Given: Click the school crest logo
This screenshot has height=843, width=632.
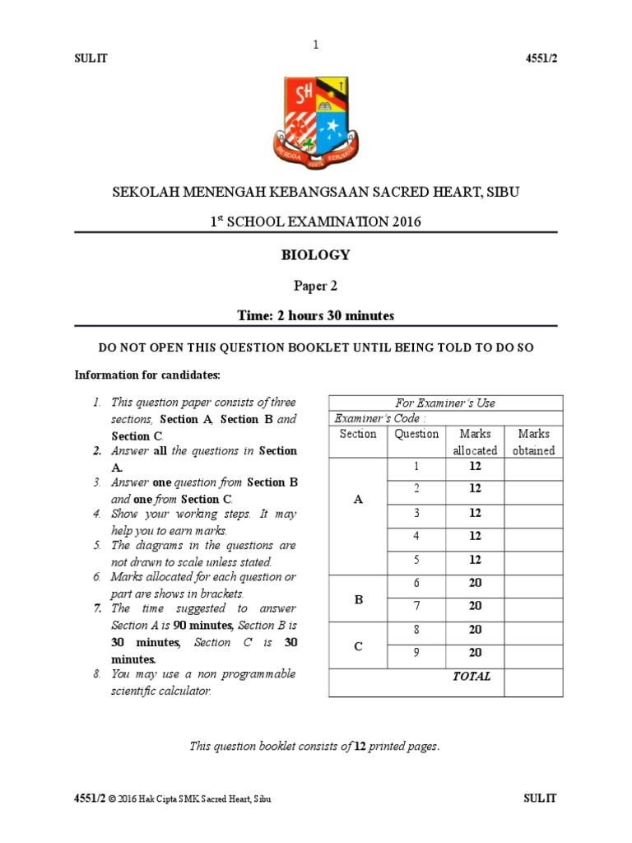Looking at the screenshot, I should click(316, 122).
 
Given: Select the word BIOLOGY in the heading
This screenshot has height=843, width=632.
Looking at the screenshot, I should click(316, 255).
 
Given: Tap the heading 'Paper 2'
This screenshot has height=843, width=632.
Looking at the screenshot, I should click(316, 286).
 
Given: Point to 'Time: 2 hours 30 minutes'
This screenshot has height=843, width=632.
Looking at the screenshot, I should click(316, 316).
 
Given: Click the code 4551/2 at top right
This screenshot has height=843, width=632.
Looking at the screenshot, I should click(541, 59).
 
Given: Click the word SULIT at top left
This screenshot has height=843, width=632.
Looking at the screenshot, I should click(91, 59).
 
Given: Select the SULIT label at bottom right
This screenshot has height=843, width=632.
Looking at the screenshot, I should click(540, 799).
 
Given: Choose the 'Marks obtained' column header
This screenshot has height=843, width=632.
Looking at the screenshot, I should click(533, 442).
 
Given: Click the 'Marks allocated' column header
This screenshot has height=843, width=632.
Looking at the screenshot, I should click(475, 442).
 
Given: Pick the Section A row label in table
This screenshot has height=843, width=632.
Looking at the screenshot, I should click(358, 499).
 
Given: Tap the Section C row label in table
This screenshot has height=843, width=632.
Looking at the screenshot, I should click(358, 646).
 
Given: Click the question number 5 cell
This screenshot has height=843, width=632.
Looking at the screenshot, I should click(416, 560).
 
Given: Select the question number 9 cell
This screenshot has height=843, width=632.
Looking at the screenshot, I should click(416, 653).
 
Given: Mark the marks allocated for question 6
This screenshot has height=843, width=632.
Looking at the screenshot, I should click(475, 583).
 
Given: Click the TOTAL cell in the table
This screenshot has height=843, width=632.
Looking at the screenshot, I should click(472, 677).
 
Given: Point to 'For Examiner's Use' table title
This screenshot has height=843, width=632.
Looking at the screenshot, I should click(445, 403).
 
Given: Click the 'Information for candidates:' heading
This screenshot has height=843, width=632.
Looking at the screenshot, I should click(147, 375).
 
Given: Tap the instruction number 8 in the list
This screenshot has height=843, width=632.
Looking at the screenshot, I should click(96, 674).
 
